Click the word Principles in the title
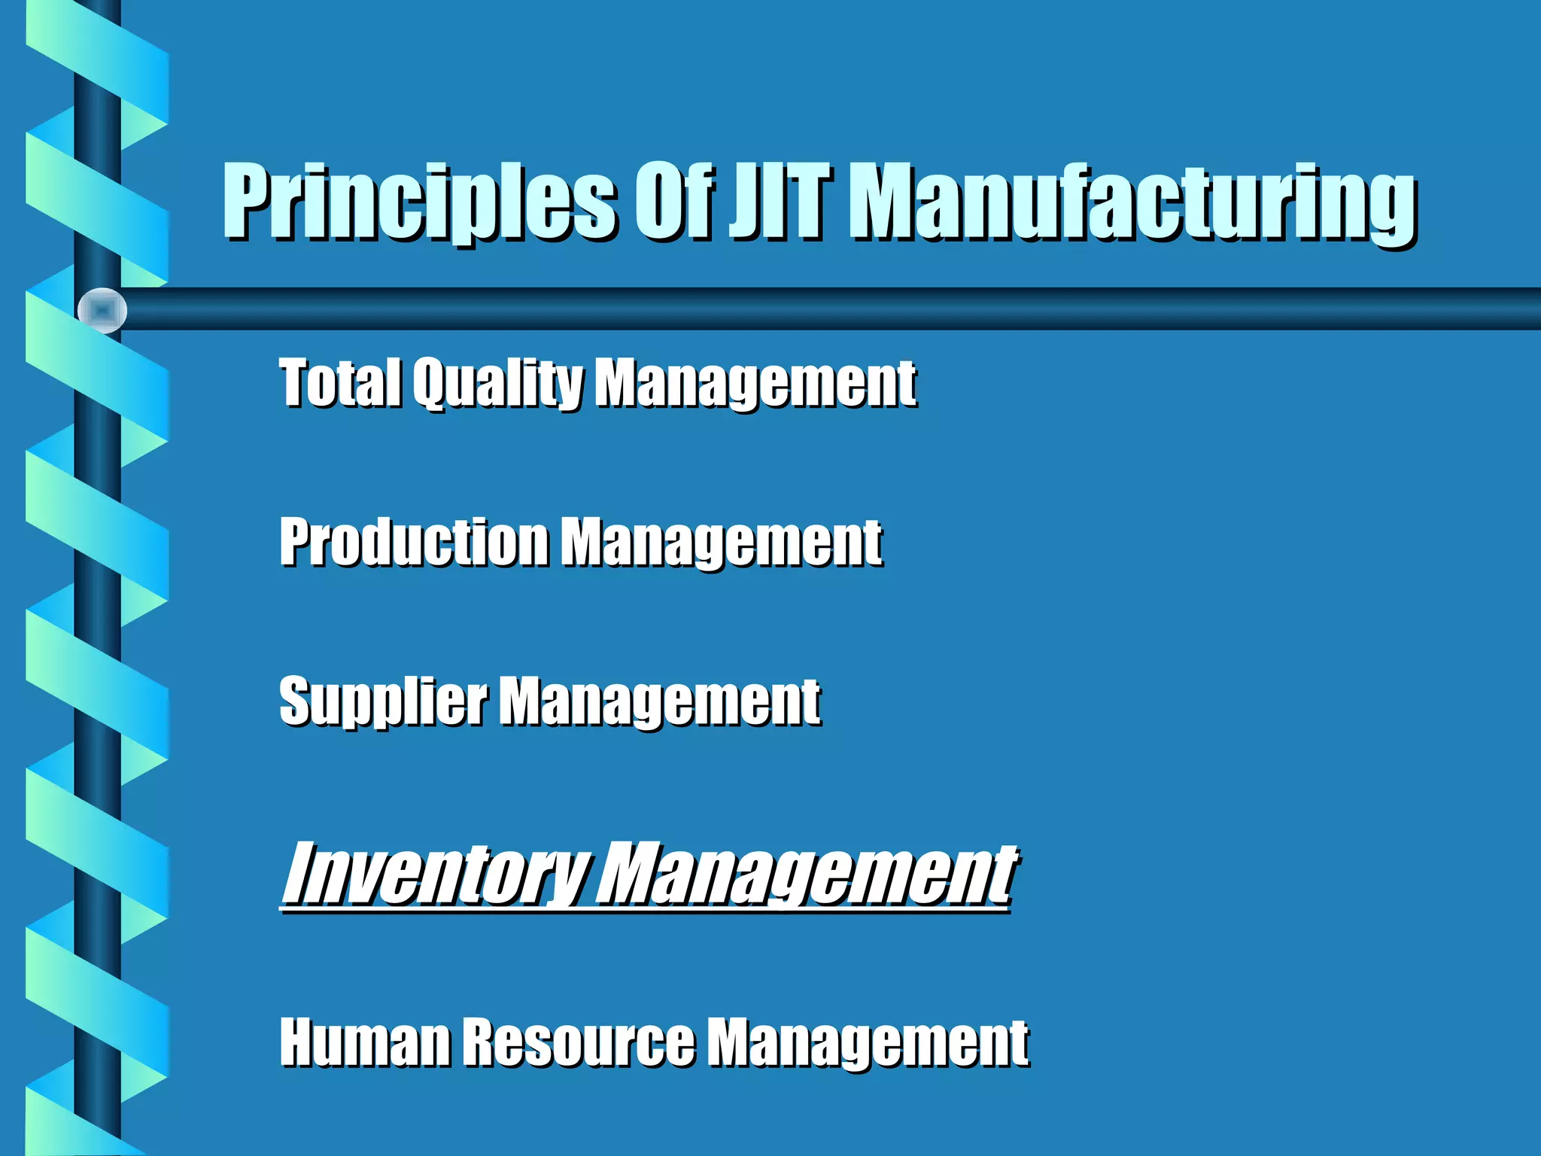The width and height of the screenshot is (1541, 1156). point(420,202)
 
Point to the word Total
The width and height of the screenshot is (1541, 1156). point(339,382)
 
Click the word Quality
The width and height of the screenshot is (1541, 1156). point(497,383)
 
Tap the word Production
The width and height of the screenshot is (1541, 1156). point(414,541)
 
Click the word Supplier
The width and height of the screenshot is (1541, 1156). point(383,702)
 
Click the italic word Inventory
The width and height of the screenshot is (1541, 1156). point(435,875)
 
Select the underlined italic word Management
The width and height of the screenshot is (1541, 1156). point(806,875)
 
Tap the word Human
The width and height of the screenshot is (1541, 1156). point(364,1042)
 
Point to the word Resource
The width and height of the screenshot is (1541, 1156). point(578,1042)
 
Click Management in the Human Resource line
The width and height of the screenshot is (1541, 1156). point(868,1043)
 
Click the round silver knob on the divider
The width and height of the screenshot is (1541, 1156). point(102,310)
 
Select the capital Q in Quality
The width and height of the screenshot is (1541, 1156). point(431,382)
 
